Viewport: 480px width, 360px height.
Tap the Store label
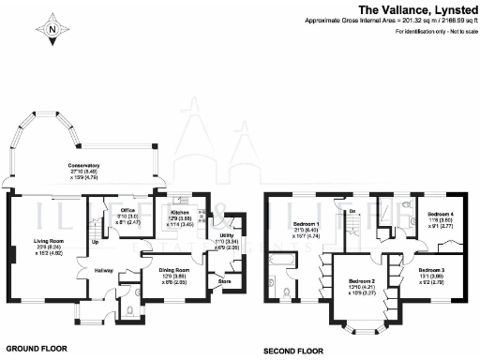pos(223,279)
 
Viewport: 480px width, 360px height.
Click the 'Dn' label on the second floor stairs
pos(352,212)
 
